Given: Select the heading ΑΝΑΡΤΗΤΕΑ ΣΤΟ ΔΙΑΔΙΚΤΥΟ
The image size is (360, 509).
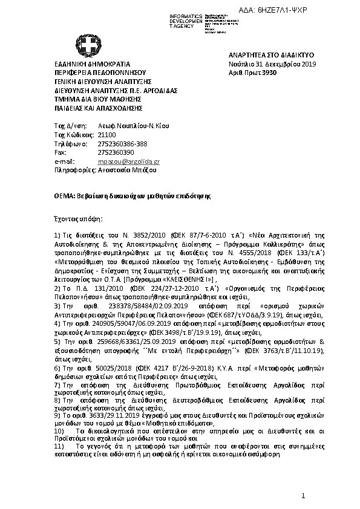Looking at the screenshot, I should click(263, 54).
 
